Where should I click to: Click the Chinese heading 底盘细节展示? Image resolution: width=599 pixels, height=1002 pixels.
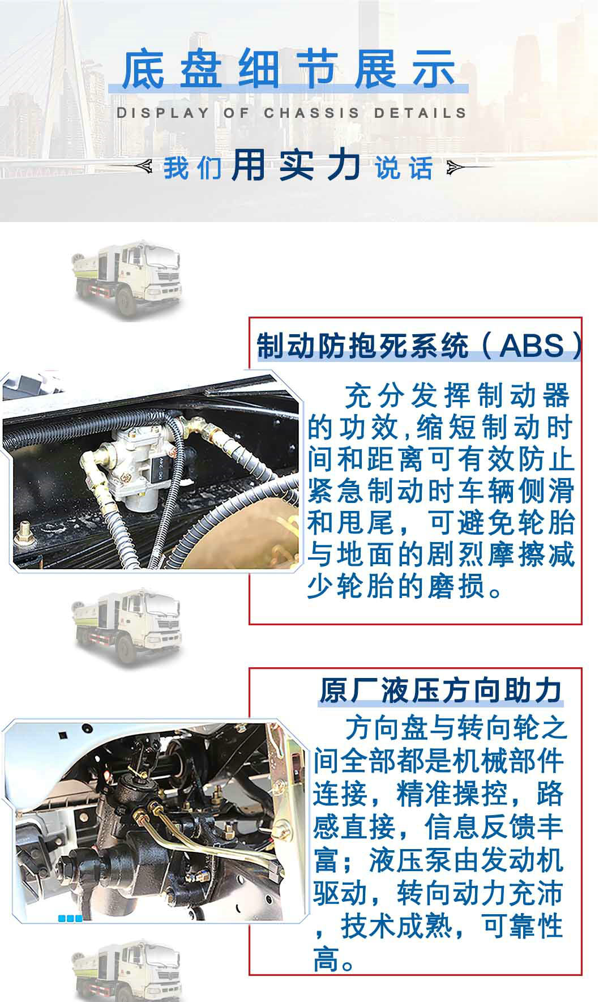click(289, 70)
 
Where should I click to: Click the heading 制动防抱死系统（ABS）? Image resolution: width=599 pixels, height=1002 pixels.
click(419, 346)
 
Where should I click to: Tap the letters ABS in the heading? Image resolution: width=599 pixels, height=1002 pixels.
click(532, 346)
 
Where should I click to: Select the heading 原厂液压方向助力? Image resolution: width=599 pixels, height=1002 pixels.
click(440, 690)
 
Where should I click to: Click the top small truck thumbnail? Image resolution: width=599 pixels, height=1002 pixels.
click(127, 279)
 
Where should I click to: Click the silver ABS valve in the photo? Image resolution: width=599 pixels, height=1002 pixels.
click(142, 464)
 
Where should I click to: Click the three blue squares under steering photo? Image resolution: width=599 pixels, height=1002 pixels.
click(70, 918)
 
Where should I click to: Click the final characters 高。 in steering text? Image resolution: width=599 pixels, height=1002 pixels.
click(334, 960)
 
